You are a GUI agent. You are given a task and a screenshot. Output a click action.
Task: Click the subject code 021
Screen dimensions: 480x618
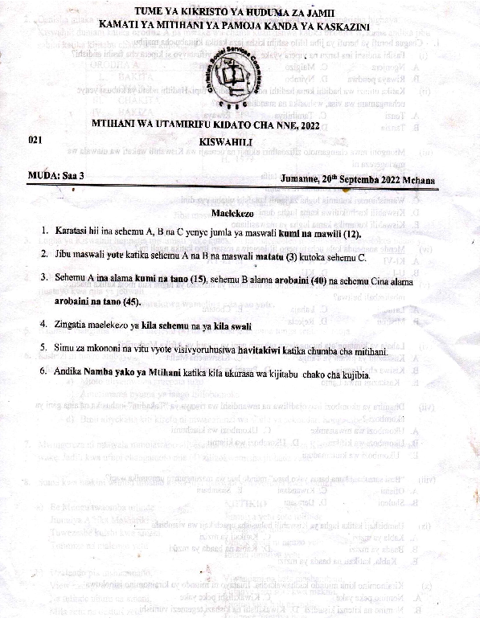tap(35, 139)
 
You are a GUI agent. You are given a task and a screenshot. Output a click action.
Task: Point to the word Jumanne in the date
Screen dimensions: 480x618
tap(303, 178)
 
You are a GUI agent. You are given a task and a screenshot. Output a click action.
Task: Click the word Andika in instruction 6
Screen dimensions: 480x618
tap(73, 375)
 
